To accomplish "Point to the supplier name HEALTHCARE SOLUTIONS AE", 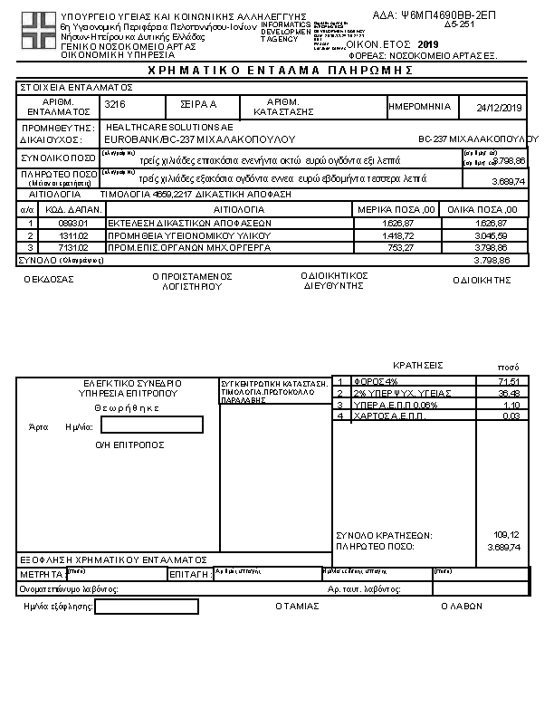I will [169, 128].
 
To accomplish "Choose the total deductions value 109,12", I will [507, 535].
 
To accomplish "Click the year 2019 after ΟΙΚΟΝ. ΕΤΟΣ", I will [428, 43].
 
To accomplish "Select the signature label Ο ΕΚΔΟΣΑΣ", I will [49, 279].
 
